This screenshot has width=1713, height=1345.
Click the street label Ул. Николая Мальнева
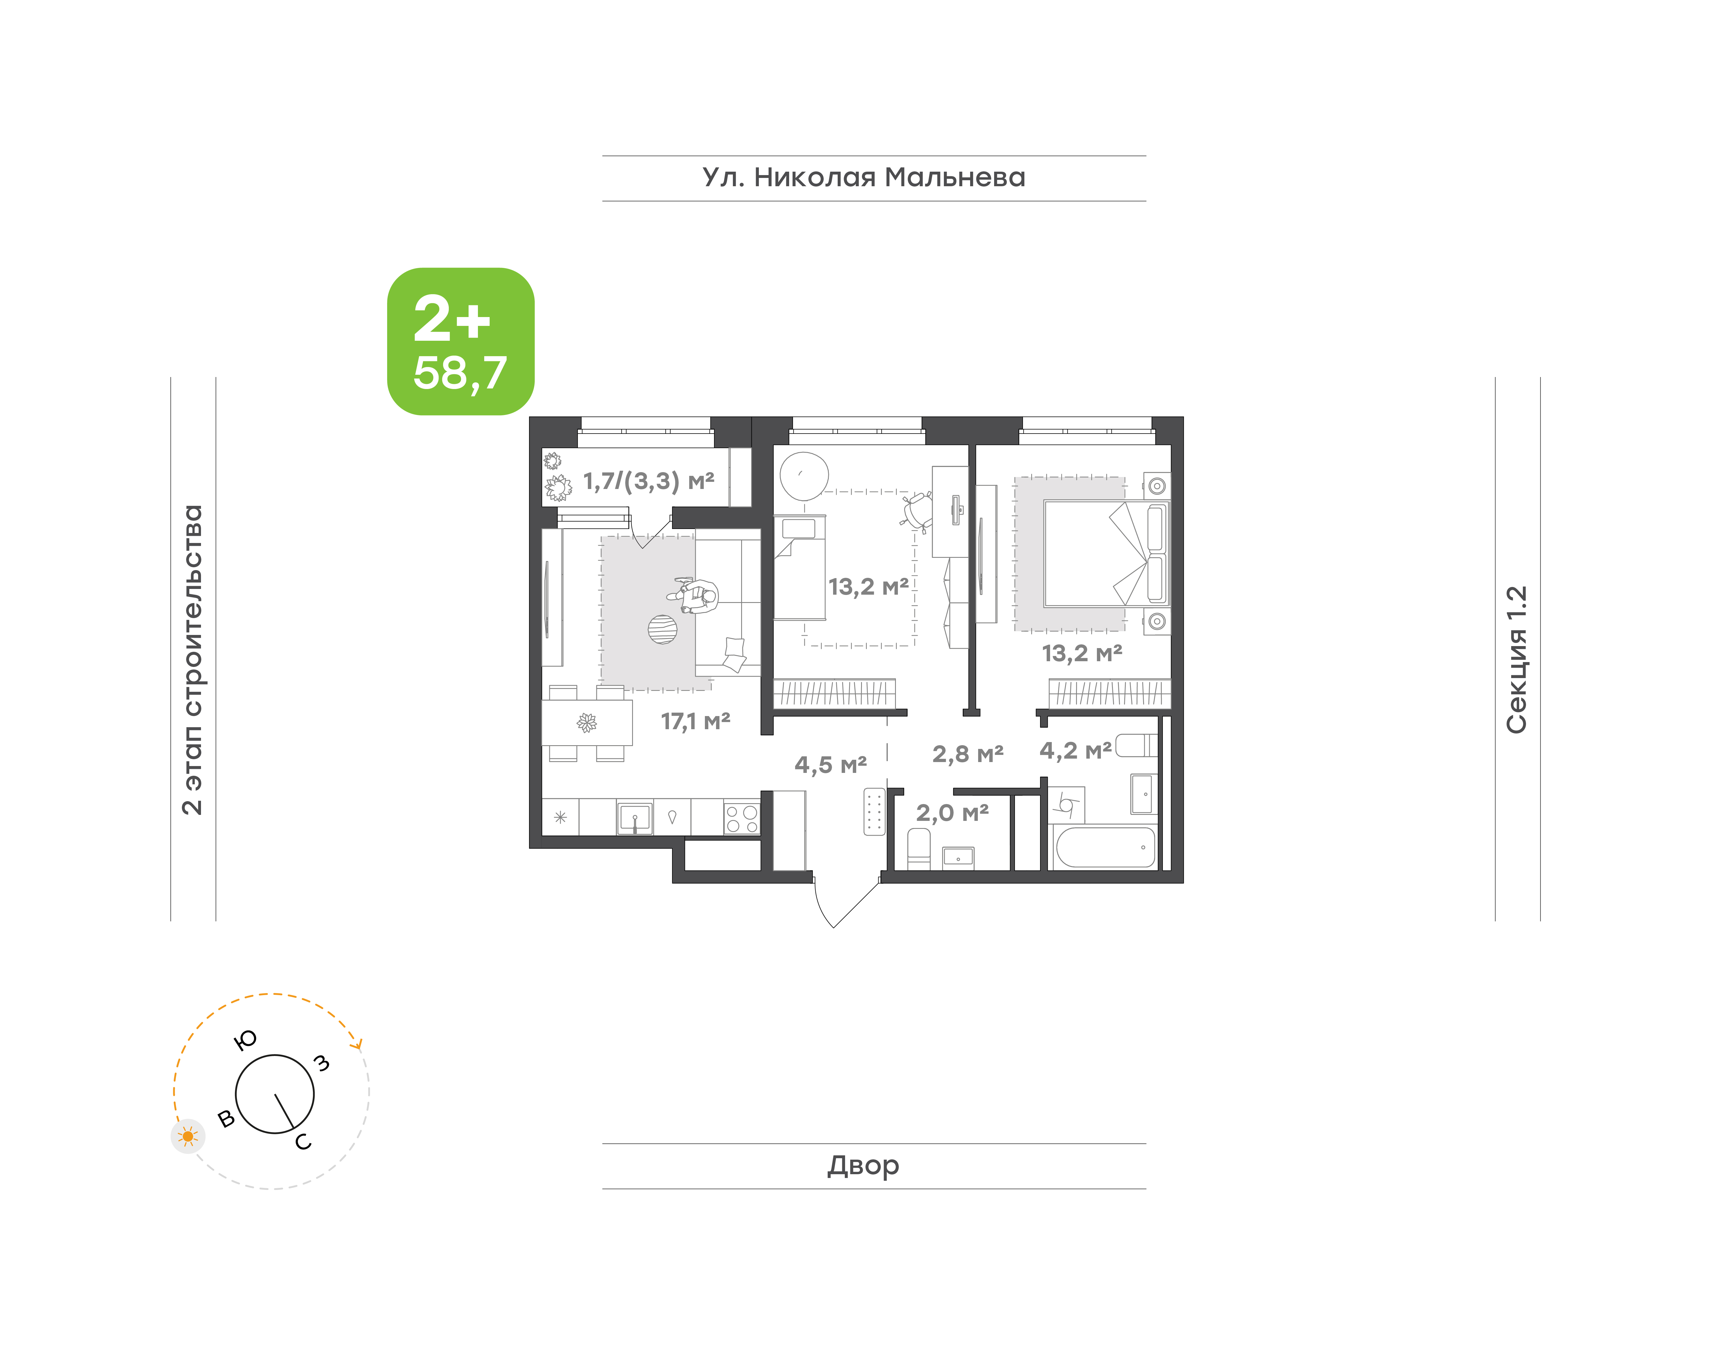point(864,178)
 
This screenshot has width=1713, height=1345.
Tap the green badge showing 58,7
point(461,341)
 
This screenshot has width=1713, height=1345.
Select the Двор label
point(863,1165)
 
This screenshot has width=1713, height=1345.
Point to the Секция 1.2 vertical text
point(1516,660)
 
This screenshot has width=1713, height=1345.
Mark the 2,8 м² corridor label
point(968,753)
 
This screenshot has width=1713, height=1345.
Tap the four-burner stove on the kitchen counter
point(741,817)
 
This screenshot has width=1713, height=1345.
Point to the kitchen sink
point(634,818)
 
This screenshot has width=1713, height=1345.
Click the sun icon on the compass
point(187,1136)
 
